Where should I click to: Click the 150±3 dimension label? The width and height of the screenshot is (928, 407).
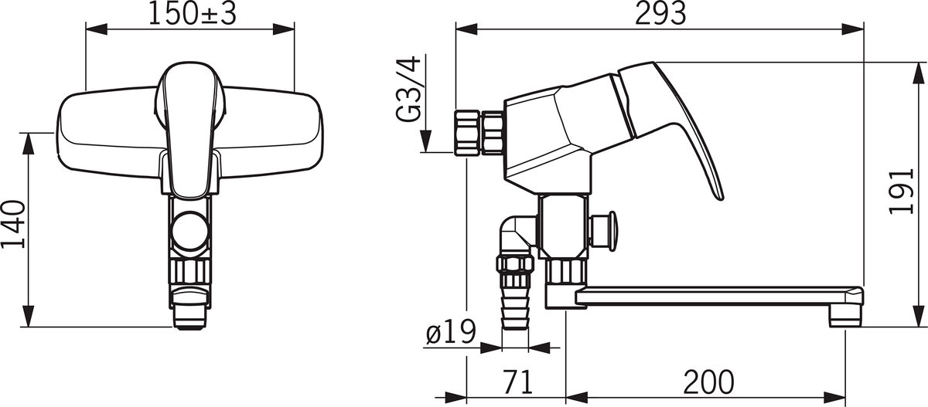(x=193, y=14)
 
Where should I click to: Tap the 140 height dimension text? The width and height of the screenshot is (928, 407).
(x=14, y=225)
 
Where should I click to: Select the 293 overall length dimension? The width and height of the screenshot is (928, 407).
(x=660, y=13)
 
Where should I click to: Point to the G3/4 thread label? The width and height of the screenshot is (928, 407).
(x=409, y=89)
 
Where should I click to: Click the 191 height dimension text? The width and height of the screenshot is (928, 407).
(x=901, y=191)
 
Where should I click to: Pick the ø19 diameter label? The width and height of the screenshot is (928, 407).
(x=451, y=332)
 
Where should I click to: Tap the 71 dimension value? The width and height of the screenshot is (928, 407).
(x=517, y=382)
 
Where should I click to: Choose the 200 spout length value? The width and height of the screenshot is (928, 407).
(x=708, y=382)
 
